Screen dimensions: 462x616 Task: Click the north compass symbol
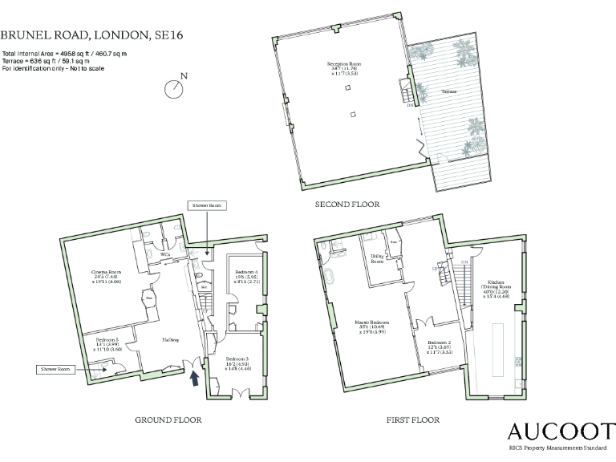point(174,88)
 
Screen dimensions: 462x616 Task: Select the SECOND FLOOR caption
point(347,205)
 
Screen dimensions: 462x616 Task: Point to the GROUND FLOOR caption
point(168,419)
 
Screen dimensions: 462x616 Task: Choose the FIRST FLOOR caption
point(414,419)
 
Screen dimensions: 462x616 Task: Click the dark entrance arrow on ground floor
point(193,375)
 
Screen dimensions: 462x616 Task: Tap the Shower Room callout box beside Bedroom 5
point(55,369)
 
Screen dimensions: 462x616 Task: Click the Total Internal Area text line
point(65,53)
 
